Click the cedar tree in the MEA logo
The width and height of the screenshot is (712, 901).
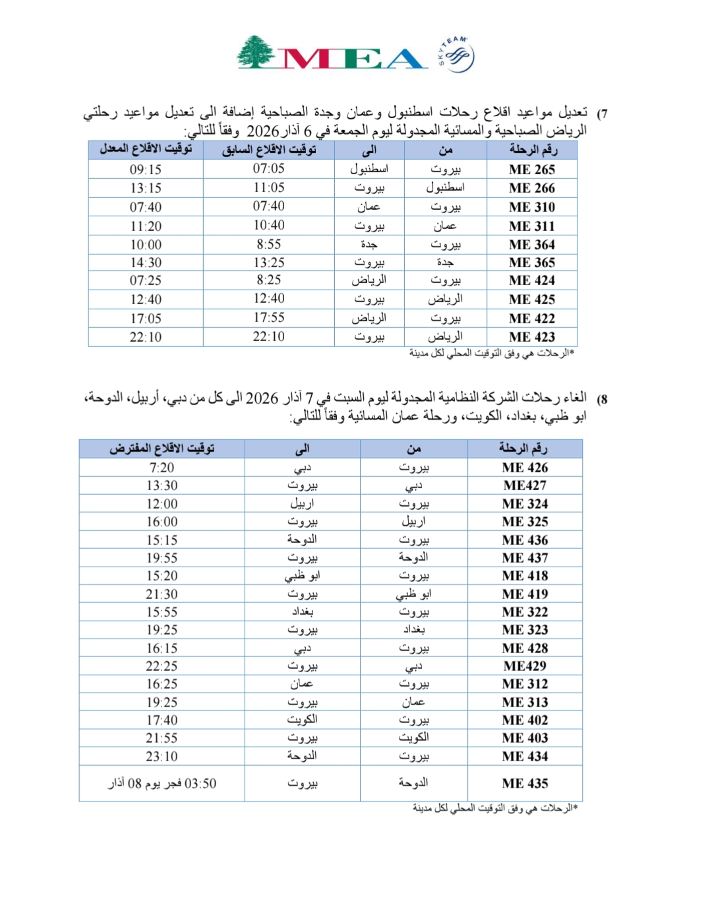point(257,52)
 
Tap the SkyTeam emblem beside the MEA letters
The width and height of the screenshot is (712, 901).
point(455,55)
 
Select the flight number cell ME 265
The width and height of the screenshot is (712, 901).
point(531,170)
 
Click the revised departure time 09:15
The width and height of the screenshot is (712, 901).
point(146,170)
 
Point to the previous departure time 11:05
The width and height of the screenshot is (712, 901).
point(269,188)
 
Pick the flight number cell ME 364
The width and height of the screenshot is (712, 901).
point(531,245)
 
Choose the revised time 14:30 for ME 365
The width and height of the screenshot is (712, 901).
point(146,263)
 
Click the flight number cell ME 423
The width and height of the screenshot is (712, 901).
point(531,337)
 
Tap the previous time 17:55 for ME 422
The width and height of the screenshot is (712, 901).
point(269,318)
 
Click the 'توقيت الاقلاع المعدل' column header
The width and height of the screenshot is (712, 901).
point(146,150)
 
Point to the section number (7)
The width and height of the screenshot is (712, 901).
point(602,114)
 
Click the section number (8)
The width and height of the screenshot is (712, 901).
point(602,400)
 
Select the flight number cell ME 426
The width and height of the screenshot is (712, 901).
point(525,468)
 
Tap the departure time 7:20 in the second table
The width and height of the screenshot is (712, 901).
point(162,468)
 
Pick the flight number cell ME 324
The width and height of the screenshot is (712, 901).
point(525,504)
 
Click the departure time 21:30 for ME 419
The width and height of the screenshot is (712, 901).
point(162,594)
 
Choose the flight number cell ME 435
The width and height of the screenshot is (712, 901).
point(525,784)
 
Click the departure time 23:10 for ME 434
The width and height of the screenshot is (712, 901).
point(162,757)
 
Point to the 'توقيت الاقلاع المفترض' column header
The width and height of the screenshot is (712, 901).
point(162,449)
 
